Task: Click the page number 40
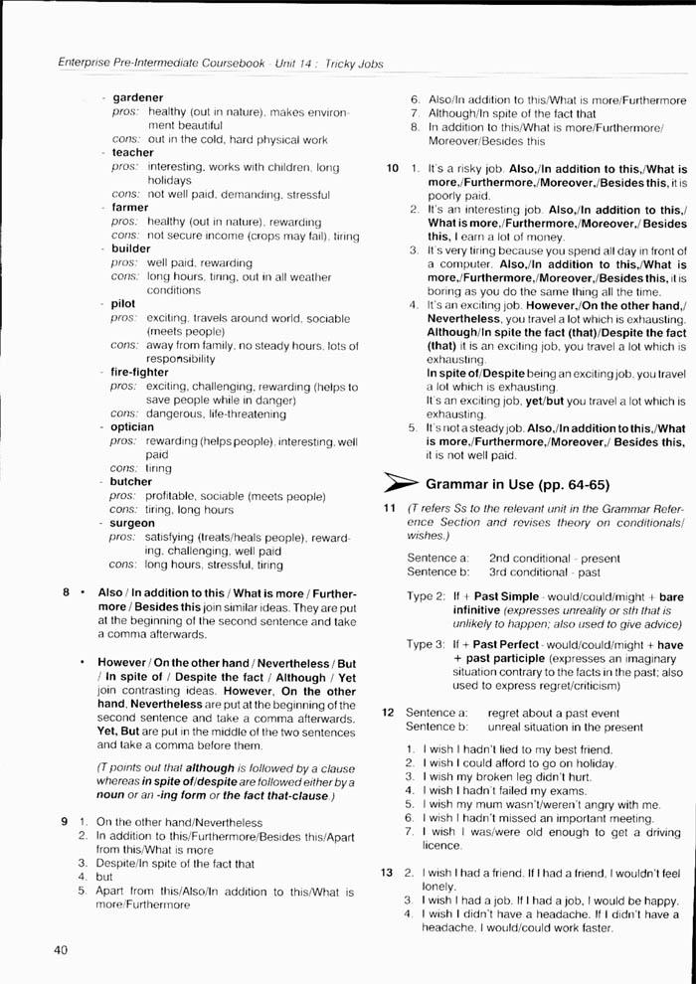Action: [x=59, y=950]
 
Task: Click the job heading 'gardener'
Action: [x=138, y=97]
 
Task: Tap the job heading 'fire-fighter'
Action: [x=139, y=372]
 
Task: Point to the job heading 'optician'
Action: [x=132, y=426]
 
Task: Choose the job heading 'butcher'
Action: [x=131, y=481]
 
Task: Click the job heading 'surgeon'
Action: [x=133, y=523]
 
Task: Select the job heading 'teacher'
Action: [x=133, y=153]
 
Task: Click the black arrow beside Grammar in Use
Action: [x=404, y=485]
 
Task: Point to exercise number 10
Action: [x=393, y=168]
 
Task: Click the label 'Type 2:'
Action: [x=426, y=595]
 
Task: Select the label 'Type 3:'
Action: [x=426, y=644]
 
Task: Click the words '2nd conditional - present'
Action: [x=554, y=559]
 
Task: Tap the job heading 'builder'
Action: [x=131, y=248]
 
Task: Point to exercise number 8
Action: [x=67, y=592]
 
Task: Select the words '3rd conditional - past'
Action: [x=545, y=573]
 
